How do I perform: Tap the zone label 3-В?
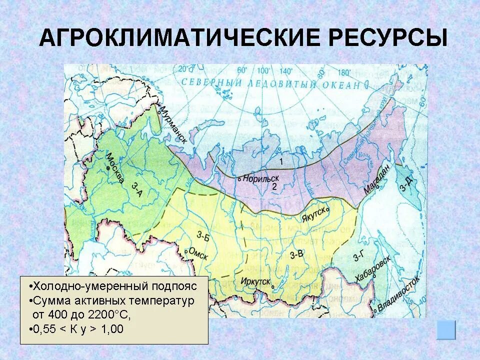click(x=296, y=254)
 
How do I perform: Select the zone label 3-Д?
click(x=405, y=185)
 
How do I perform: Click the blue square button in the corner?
click(x=446, y=330)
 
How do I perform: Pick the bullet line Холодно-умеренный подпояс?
click(x=113, y=286)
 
